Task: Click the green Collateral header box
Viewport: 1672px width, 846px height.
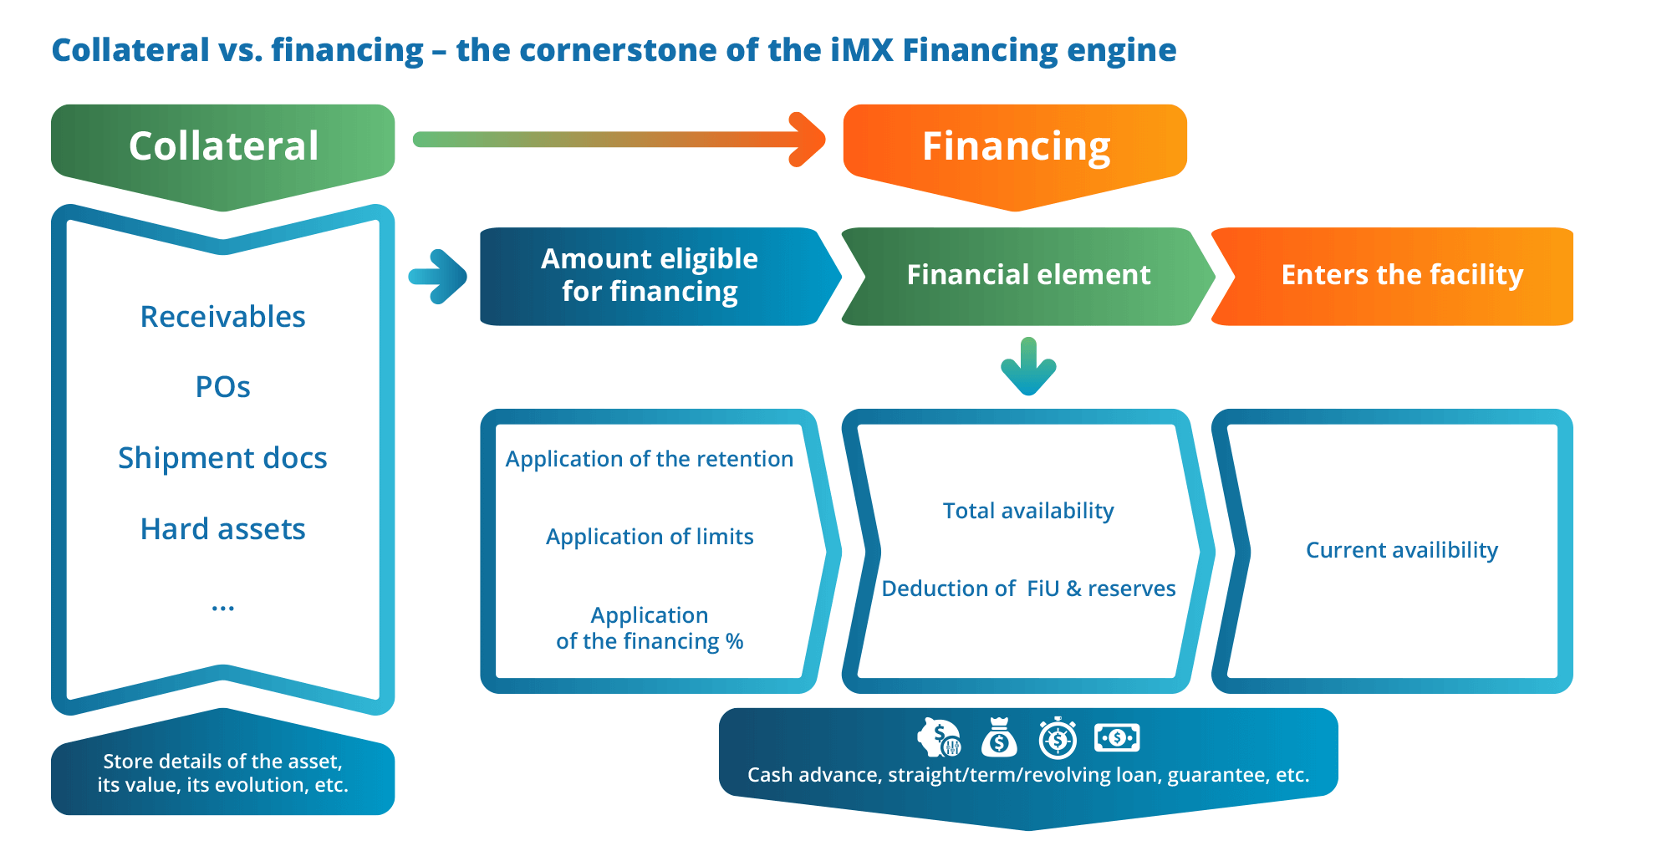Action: pos(222,146)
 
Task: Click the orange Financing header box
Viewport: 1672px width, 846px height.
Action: pos(1015,146)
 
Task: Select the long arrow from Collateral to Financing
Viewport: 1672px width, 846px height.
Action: pos(619,139)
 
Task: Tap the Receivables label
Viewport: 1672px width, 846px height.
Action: pos(222,317)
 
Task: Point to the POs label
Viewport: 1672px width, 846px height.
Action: pos(222,387)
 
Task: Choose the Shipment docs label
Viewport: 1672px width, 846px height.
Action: pos(222,458)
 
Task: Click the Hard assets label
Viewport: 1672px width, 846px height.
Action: pos(222,529)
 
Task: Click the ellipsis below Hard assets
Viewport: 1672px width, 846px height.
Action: pos(222,607)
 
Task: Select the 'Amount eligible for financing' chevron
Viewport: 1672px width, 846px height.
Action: pos(650,275)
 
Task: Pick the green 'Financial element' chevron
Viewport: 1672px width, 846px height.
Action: pos(1028,275)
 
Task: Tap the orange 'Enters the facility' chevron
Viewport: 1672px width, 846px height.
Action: pos(1402,275)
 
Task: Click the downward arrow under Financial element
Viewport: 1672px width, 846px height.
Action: pos(1028,366)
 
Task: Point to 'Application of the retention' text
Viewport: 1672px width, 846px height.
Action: pos(650,459)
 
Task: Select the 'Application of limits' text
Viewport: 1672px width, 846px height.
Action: pos(650,537)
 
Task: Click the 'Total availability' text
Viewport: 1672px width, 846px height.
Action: pos(1028,511)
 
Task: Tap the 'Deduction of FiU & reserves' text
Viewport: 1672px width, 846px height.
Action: pos(1028,589)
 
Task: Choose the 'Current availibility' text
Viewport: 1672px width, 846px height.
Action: pos(1402,550)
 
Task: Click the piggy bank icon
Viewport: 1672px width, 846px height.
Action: pos(939,738)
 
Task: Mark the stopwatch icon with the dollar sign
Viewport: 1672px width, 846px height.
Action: pos(1058,738)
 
